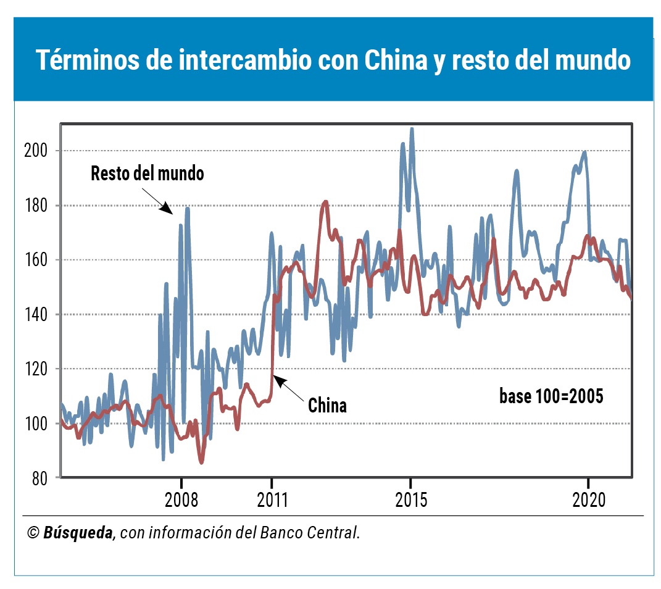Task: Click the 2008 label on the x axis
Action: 181,499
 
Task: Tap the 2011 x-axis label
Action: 272,499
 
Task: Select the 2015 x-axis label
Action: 411,499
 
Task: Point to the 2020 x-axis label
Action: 589,499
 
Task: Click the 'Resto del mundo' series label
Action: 147,173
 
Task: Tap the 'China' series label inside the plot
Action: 327,406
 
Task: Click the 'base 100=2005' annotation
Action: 551,396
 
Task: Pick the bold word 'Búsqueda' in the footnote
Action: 79,533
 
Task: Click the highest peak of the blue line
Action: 412,129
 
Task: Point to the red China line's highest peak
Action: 326,201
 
